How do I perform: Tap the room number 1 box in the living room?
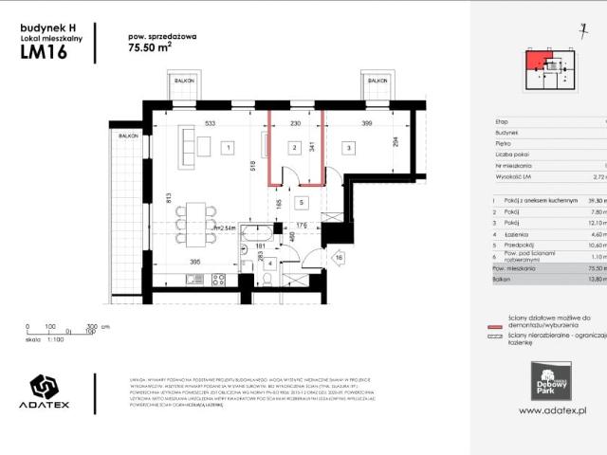click(x=229, y=148)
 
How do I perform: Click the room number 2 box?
click(x=296, y=148)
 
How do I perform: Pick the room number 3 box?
click(x=349, y=148)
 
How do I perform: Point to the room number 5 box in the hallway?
click(x=301, y=202)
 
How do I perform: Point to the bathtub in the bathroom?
click(x=255, y=236)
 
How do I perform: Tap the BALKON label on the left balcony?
click(x=183, y=82)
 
